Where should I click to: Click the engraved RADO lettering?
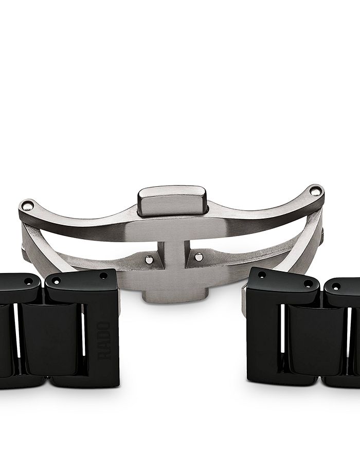pos(104,340)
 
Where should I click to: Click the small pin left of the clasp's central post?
pos(149,259)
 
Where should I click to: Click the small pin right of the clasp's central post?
pos(199,257)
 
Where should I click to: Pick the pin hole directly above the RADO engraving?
pos(103,276)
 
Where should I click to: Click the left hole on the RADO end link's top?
pos(57,281)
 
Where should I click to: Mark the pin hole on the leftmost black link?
pos(29,281)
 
